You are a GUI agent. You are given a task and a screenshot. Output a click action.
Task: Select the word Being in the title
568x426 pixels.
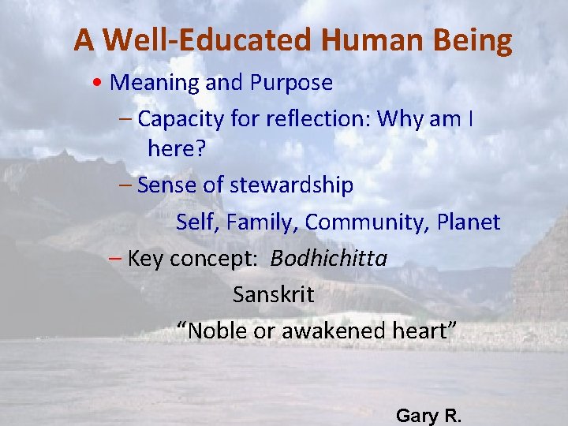[x=474, y=40]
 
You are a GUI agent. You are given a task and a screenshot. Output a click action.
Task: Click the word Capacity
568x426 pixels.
[x=179, y=118]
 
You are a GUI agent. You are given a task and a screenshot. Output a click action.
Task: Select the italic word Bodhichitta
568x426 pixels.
[x=329, y=259]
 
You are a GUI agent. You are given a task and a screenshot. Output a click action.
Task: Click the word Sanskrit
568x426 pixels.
[x=273, y=295]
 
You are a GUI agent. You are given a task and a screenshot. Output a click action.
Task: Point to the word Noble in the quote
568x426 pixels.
[x=215, y=331]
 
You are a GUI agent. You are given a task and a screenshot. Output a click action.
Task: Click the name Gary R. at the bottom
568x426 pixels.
[x=428, y=415]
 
